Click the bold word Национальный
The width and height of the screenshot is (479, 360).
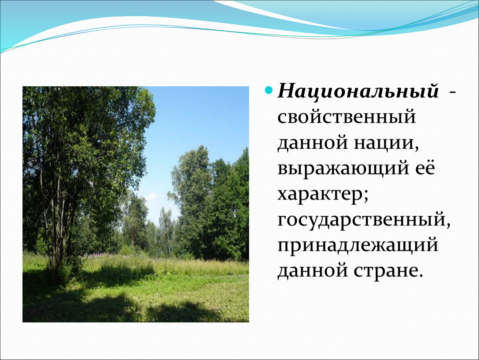(358, 92)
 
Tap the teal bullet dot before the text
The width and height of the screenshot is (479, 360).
(269, 90)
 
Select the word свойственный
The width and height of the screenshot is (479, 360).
(347, 117)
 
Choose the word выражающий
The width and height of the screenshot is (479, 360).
(343, 168)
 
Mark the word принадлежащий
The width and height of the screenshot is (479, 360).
(358, 246)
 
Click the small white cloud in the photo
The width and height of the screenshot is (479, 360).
(150, 197)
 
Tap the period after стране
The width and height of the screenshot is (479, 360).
(420, 275)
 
